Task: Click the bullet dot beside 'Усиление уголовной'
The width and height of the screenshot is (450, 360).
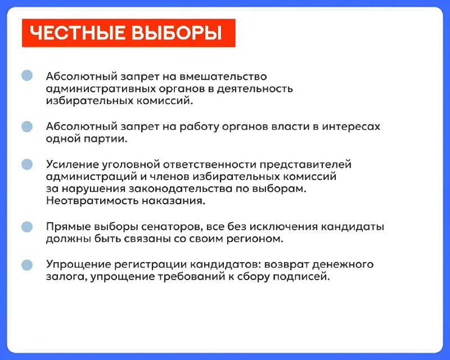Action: pos(27,164)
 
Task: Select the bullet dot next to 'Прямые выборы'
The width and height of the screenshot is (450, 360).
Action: pos(27,227)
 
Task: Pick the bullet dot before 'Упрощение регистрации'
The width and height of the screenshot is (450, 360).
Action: pos(27,265)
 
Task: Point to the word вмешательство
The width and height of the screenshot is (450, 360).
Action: pos(223,76)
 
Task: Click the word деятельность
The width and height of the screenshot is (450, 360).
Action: pos(255,89)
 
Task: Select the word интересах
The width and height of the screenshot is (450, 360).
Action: pos(351,127)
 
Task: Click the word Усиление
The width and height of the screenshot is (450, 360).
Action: pos(73,164)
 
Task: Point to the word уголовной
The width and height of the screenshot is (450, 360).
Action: pos(131,165)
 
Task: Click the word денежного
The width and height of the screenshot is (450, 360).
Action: pos(343,265)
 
